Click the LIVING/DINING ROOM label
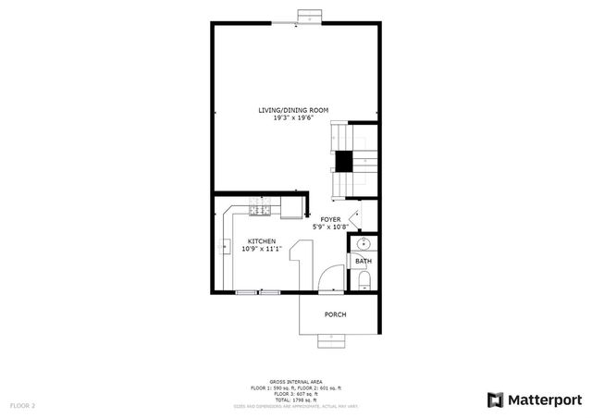coord(293,111)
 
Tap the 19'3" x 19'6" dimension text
coord(293,118)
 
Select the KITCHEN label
coord(261,241)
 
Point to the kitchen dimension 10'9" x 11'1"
coord(261,249)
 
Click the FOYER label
coord(330,219)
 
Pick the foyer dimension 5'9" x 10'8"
coord(330,227)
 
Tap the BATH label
coord(363,262)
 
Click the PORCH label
coord(336,314)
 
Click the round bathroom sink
coord(363,245)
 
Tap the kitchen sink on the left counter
coord(225,246)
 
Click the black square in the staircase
coord(344,161)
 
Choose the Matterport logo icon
coord(495,400)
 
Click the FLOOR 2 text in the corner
coord(22,405)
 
